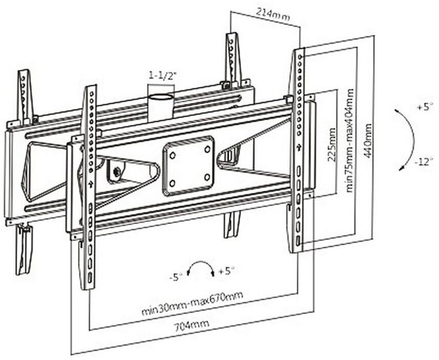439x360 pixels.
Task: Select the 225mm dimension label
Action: (x=331, y=145)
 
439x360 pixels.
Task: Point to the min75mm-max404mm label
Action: (x=349, y=141)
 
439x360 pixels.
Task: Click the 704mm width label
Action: (x=192, y=326)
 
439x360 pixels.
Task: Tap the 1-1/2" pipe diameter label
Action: (x=163, y=75)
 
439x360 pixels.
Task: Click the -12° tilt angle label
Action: (x=422, y=162)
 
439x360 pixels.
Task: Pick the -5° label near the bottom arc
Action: (x=176, y=278)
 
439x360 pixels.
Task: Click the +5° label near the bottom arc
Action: (x=226, y=271)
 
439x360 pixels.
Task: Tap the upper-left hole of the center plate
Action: (x=172, y=154)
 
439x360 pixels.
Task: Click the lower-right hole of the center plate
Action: (x=207, y=177)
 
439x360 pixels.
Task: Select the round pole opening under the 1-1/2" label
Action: (x=161, y=97)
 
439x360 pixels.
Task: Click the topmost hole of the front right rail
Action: (x=300, y=57)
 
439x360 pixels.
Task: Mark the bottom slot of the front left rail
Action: (x=90, y=278)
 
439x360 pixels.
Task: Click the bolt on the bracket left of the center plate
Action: (x=117, y=171)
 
